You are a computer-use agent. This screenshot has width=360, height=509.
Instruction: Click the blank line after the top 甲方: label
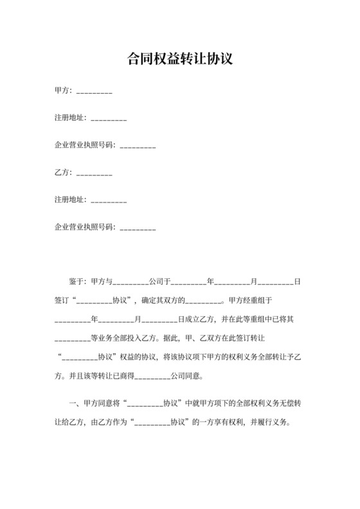coord(94,92)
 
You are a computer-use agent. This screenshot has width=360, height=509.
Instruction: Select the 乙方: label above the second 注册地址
coord(64,173)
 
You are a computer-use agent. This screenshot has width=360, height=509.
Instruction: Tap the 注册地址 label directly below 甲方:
coord(70,119)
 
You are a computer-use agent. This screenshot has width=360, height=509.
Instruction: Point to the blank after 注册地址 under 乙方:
coord(109,201)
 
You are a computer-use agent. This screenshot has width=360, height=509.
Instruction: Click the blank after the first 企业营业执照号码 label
coord(138,146)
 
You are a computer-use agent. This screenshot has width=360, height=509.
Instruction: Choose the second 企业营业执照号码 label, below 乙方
coord(84,227)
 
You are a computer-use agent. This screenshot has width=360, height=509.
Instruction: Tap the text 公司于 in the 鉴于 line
coord(159,281)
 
